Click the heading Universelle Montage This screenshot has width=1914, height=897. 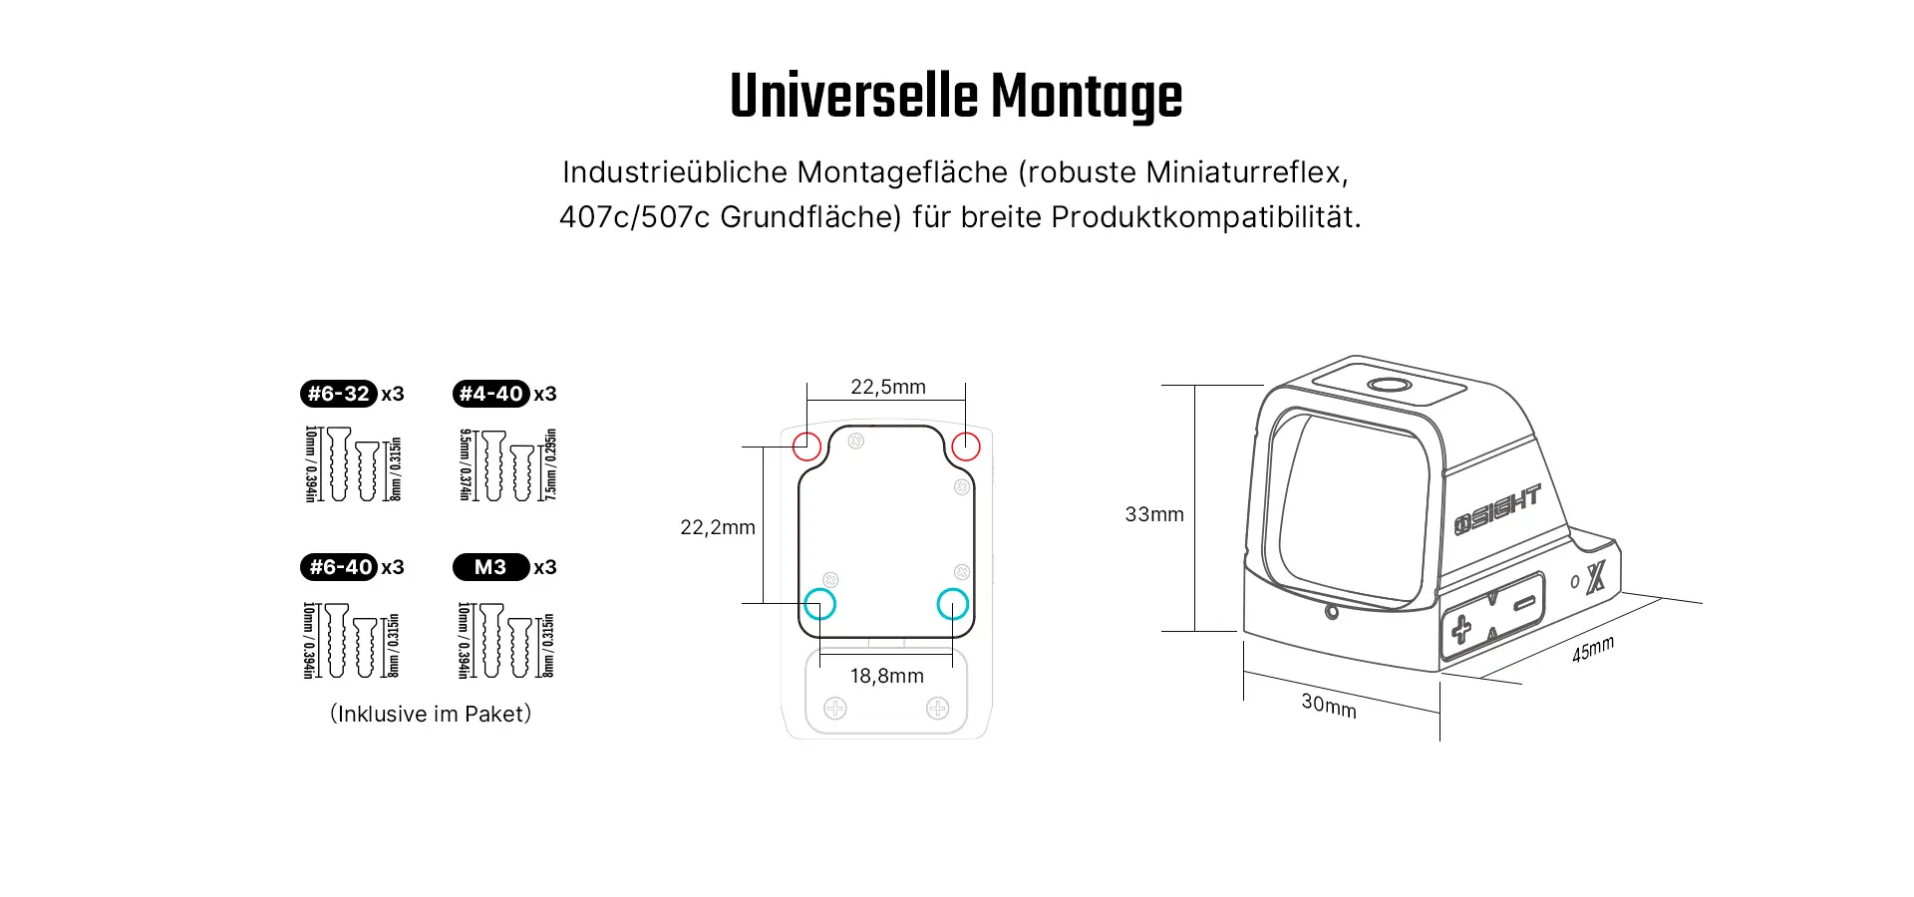(956, 97)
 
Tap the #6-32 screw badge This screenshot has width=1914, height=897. (339, 394)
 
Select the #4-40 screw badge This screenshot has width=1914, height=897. (491, 394)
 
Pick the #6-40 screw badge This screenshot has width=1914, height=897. (339, 567)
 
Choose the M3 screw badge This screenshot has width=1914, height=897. (491, 567)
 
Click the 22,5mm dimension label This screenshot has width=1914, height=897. (888, 387)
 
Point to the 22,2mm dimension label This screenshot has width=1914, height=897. (718, 527)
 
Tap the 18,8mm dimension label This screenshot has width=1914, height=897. (887, 676)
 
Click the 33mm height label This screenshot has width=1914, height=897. (1154, 514)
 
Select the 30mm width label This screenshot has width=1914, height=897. (1329, 706)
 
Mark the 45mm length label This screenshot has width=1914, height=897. (1593, 649)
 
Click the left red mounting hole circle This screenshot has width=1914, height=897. (794, 447)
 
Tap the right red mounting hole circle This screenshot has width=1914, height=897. (952, 447)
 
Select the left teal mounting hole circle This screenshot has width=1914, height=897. (804, 604)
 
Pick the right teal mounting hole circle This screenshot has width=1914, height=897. (938, 604)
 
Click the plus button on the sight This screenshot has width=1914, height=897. (1460, 629)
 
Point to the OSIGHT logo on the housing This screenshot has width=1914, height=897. (1497, 509)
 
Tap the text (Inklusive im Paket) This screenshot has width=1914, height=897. (431, 714)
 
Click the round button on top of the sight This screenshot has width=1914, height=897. (1389, 386)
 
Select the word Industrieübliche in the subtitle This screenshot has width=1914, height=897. (675, 172)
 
